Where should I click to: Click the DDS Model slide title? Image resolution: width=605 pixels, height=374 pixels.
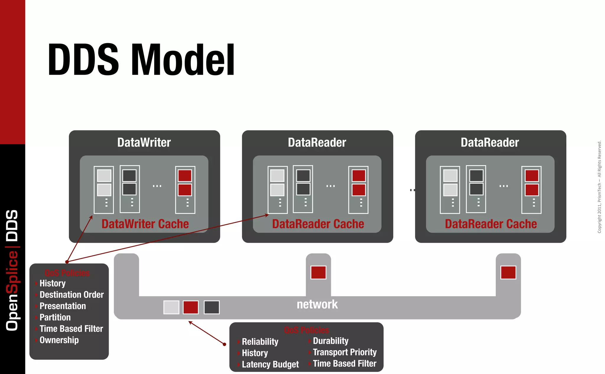coord(141,60)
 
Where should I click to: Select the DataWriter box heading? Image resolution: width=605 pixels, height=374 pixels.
coord(144,142)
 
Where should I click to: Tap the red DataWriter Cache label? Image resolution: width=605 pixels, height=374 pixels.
coord(145,224)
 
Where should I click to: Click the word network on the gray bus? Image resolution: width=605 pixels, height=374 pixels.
coord(317,304)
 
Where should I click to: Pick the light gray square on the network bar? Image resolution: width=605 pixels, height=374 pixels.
coord(171,307)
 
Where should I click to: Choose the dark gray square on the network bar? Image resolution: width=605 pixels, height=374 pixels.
coord(212,307)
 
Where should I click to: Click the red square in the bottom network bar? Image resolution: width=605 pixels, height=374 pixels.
coord(191,307)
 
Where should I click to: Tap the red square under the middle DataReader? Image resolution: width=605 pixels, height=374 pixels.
coord(318,272)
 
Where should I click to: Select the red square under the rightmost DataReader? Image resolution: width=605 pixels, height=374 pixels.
coord(508,272)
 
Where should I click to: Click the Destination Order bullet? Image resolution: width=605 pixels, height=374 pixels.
coord(71,295)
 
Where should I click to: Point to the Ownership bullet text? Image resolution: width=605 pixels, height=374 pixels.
coord(59,340)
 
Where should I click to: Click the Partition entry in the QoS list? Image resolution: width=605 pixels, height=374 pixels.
coord(55,317)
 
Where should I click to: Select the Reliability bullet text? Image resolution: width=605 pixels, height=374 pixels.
coord(260,342)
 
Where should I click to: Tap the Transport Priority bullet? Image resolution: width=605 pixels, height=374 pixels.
coord(344,352)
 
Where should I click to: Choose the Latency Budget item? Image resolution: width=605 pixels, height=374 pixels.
coord(270,364)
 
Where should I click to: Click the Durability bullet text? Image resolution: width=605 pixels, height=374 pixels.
coord(331,341)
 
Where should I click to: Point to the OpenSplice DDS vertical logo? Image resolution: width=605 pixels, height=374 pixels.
coord(12,270)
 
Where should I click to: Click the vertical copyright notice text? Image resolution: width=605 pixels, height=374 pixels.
coord(599,187)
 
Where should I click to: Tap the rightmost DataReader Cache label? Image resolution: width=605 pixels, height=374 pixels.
coord(491,224)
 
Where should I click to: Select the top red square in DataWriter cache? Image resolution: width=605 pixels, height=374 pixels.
coord(185,176)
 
